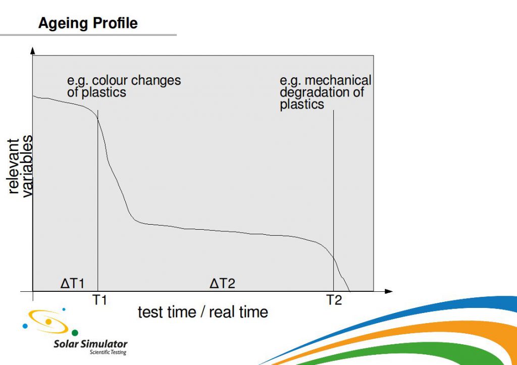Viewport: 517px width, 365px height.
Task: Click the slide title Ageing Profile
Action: click(88, 24)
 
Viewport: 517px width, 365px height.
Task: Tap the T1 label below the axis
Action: click(99, 300)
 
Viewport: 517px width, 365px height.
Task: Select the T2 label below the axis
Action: click(334, 300)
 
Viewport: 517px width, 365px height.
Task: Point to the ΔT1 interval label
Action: click(73, 283)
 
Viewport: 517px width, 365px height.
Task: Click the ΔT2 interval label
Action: click(223, 283)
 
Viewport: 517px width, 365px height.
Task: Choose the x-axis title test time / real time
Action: click(203, 312)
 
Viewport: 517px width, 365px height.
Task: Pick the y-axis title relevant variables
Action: click(20, 166)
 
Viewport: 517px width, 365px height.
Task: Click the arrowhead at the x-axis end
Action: click(389, 291)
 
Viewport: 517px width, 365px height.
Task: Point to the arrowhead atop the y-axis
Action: click(32, 50)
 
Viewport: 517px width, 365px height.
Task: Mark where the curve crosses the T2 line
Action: click(333, 258)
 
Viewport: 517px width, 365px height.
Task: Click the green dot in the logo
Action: click(75, 333)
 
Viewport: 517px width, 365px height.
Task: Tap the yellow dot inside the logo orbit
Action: click(48, 322)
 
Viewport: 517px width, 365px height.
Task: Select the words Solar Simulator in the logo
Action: click(90, 344)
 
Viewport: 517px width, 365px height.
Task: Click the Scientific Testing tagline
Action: click(108, 352)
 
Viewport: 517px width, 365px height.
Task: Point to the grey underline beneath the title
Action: click(88, 35)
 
